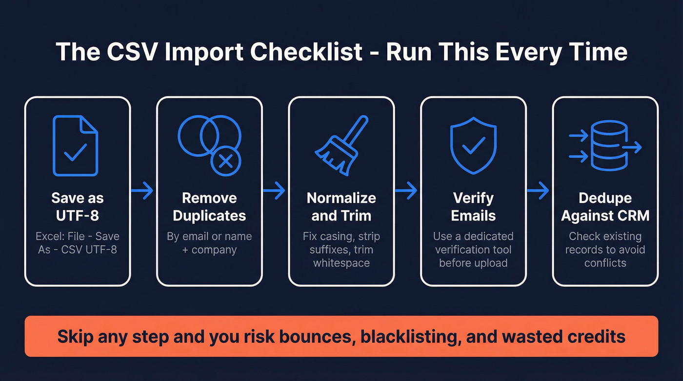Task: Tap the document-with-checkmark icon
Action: pyautogui.click(x=76, y=145)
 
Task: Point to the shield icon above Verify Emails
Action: pyautogui.click(x=473, y=145)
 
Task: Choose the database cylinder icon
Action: pyautogui.click(x=607, y=145)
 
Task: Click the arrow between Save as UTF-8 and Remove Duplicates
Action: pyautogui.click(x=142, y=191)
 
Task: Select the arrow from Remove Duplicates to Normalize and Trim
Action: pyautogui.click(x=274, y=191)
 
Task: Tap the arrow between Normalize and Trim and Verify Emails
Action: pyautogui.click(x=406, y=191)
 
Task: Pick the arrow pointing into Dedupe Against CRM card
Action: pyautogui.click(x=538, y=191)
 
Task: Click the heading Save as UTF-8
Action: pyautogui.click(x=78, y=206)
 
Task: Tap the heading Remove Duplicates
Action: pyautogui.click(x=209, y=206)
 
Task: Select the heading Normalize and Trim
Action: pyautogui.click(x=341, y=206)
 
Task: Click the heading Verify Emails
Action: pyautogui.click(x=473, y=206)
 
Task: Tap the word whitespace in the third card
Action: pyautogui.click(x=341, y=263)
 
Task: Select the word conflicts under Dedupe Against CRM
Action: pyautogui.click(x=605, y=263)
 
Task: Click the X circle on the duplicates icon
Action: pyautogui.click(x=225, y=160)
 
